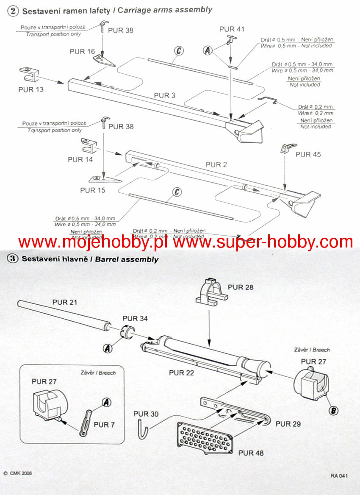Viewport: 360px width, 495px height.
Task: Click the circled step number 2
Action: point(13,11)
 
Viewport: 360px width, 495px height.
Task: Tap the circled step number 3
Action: point(12,259)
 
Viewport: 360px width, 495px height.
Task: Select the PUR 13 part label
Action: point(31,90)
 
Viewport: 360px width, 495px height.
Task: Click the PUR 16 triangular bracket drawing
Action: point(104,60)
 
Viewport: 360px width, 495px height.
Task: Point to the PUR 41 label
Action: point(232,29)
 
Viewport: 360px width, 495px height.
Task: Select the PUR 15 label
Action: point(93,190)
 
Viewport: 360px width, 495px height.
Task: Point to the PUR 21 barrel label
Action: point(65,302)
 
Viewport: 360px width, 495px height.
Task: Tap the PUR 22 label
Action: point(182,373)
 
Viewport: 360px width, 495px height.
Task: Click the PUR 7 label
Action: point(104,424)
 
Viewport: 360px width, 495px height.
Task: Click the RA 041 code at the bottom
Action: point(340,476)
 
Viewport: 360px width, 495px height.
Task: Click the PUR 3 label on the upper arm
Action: point(164,95)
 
